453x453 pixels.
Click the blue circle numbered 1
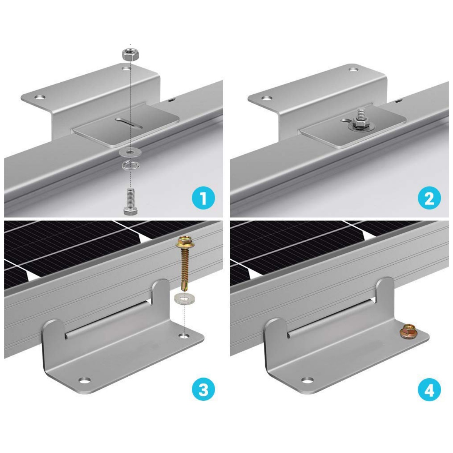click(203, 199)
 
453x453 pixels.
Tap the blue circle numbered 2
click(429, 199)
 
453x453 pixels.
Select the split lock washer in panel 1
click(130, 165)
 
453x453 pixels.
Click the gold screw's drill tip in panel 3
click(183, 288)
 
